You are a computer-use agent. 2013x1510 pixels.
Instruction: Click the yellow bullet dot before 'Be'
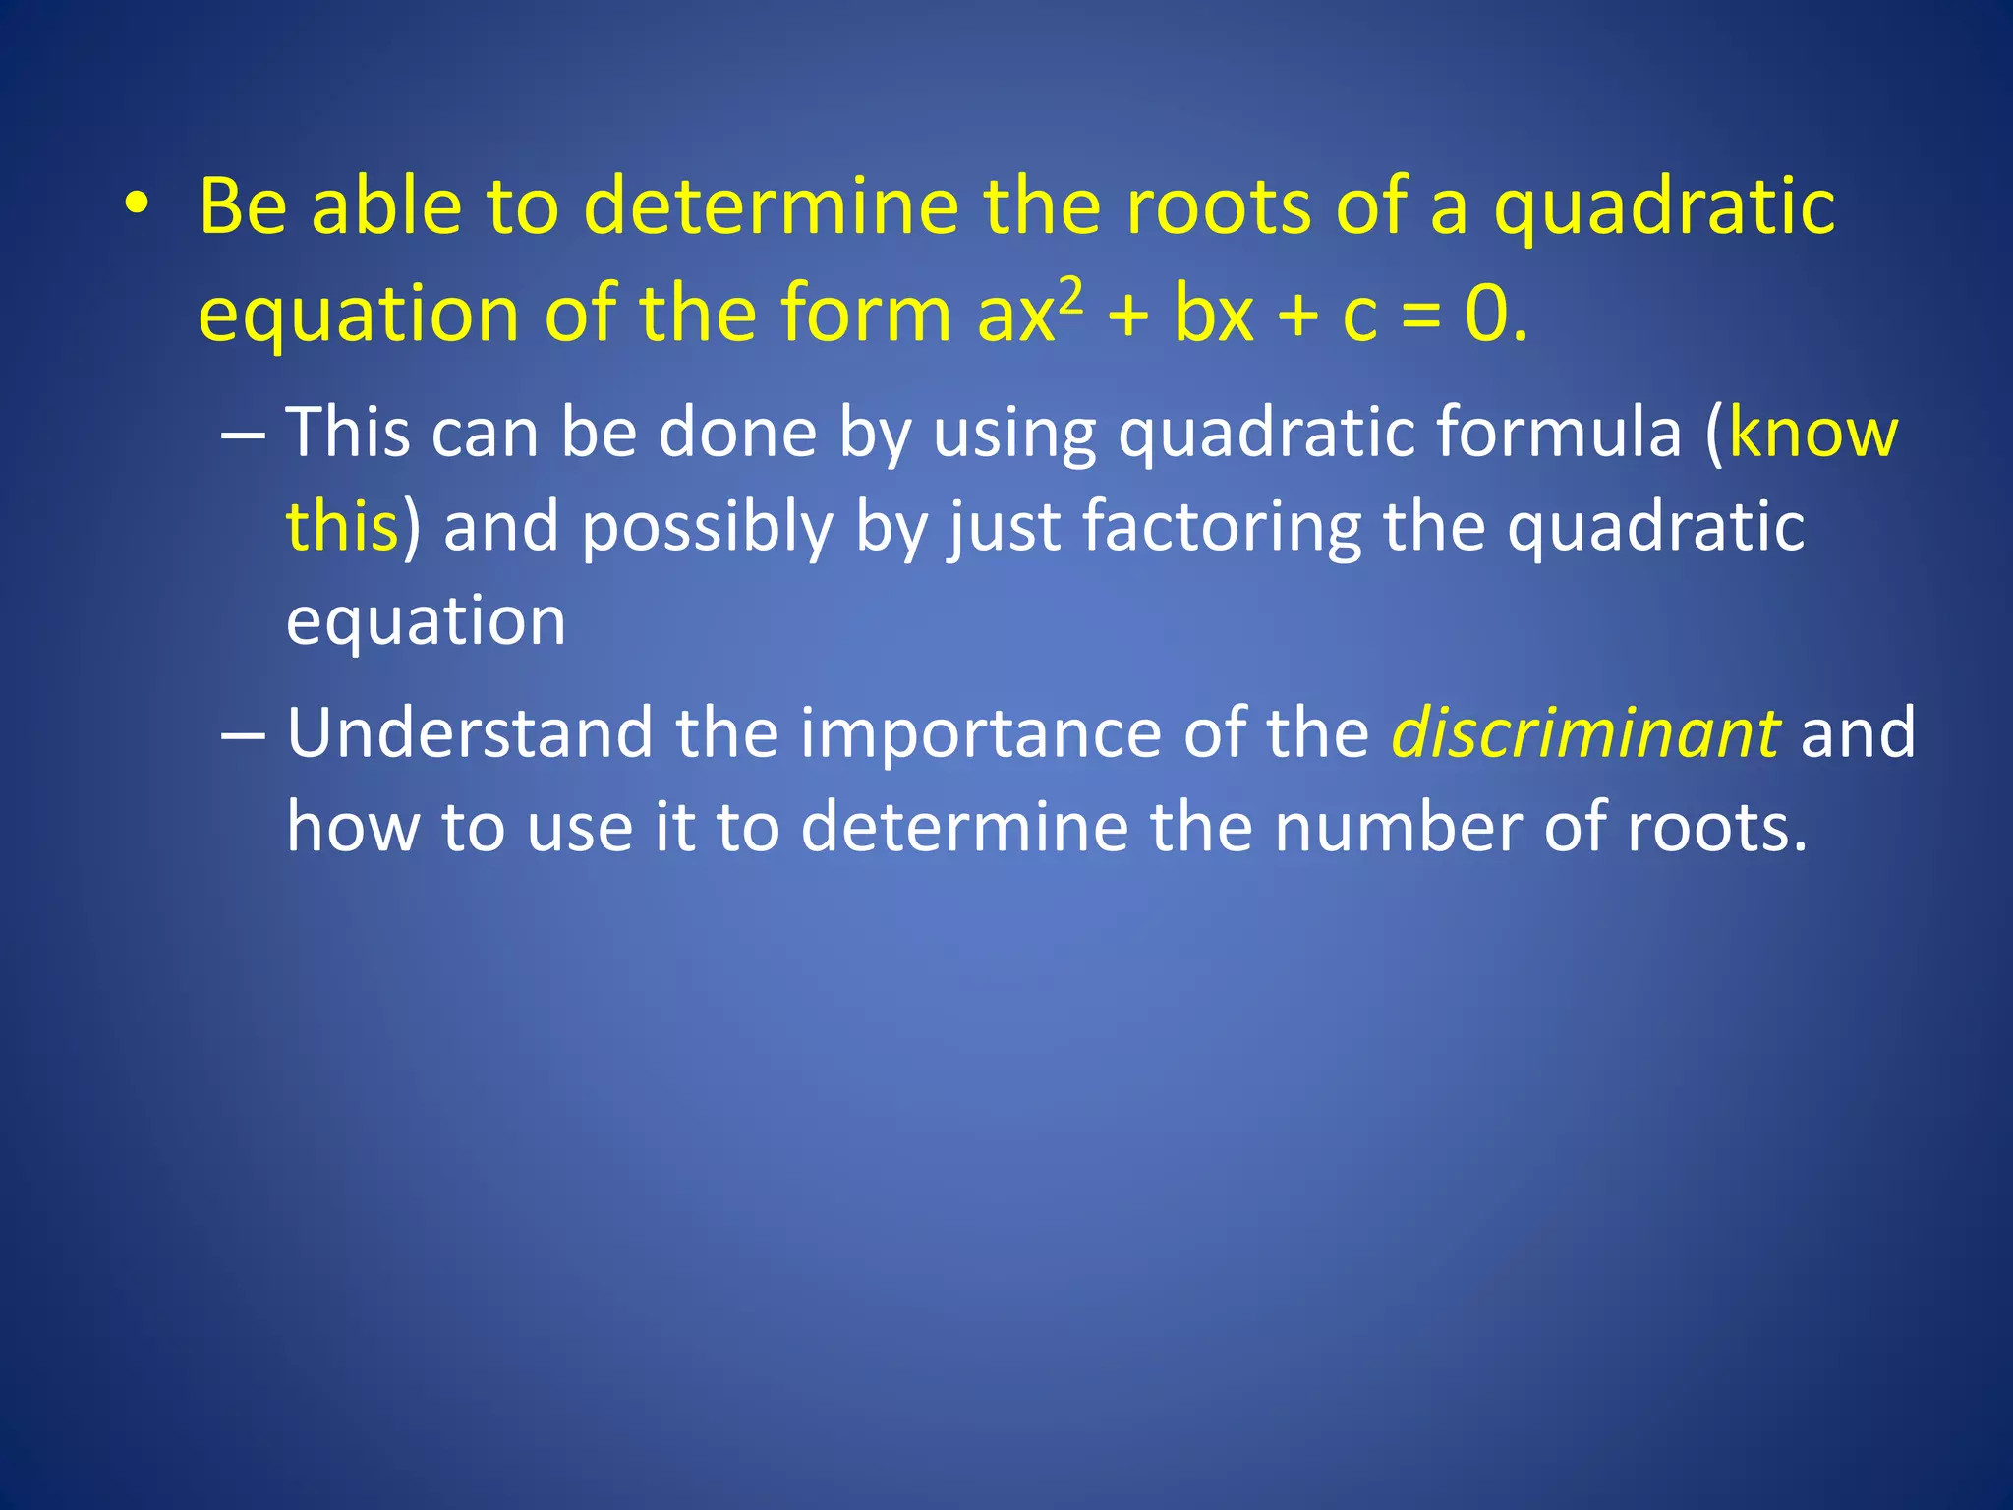pyautogui.click(x=137, y=204)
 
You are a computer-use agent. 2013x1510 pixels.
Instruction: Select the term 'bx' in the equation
pyautogui.click(x=1214, y=316)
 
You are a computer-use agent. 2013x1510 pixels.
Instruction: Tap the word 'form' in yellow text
pyautogui.click(x=865, y=314)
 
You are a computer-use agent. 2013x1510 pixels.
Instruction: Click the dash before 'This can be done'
pyautogui.click(x=243, y=434)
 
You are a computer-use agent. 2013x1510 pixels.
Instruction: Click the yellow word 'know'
pyautogui.click(x=1812, y=433)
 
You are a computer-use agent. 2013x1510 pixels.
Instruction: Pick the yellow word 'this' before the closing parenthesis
pyautogui.click(x=342, y=526)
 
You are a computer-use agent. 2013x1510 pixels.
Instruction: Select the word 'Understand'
pyautogui.click(x=470, y=733)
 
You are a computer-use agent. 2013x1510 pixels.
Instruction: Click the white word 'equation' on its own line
pyautogui.click(x=426, y=622)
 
